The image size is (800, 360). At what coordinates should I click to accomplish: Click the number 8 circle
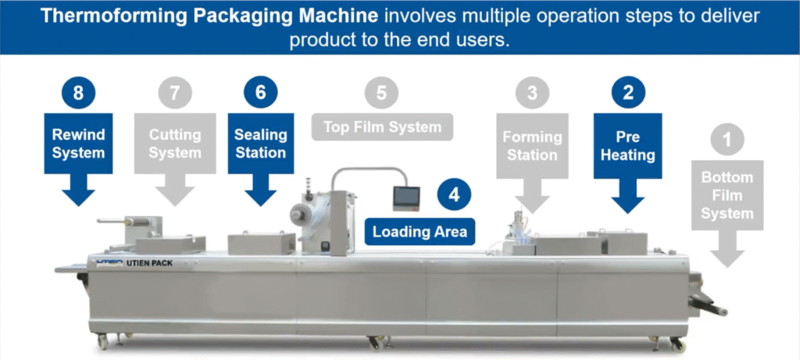[78, 94]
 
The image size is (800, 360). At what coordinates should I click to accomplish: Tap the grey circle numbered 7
[174, 94]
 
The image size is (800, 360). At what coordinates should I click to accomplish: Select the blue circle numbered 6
[260, 93]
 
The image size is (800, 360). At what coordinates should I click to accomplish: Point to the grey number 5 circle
[381, 94]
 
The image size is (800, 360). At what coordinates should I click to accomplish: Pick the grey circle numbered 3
[532, 94]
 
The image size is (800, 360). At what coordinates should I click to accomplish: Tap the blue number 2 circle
[628, 94]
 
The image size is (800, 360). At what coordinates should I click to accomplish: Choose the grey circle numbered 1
[728, 141]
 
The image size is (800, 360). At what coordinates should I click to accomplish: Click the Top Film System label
[382, 127]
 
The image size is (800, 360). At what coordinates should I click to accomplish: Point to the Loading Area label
[420, 231]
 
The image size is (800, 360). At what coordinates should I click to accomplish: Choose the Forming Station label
[532, 146]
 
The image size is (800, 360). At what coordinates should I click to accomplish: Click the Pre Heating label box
[628, 146]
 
